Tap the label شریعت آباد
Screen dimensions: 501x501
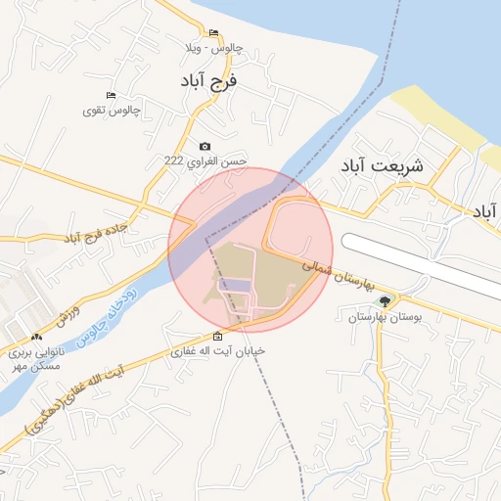(382, 165)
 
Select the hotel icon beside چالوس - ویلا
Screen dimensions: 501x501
(214, 32)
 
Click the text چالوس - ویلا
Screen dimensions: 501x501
(208, 48)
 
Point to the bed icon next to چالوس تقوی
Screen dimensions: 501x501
(111, 95)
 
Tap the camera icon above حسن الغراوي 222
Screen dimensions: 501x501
(205, 146)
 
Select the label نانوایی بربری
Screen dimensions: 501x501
(35, 352)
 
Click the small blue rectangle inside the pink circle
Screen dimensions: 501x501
(235, 285)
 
